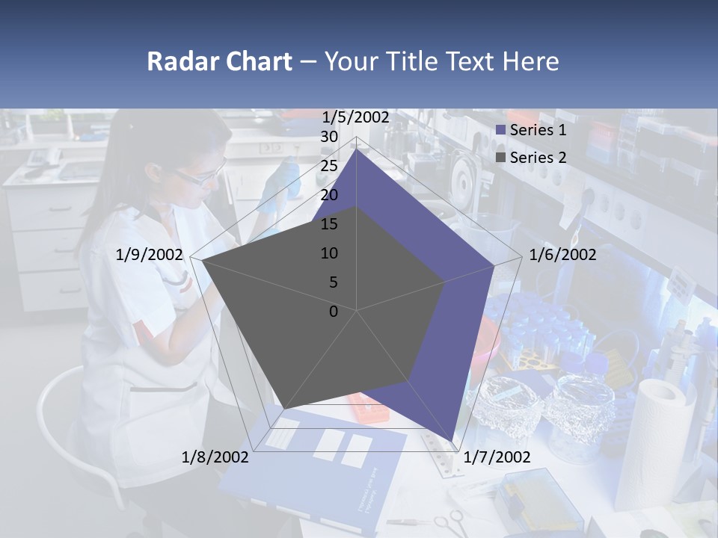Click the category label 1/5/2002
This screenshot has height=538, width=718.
pos(356,117)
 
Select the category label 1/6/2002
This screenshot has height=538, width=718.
pos(562,255)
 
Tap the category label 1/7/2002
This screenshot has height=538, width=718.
pos(497,457)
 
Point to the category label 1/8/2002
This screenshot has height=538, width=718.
pos(215,457)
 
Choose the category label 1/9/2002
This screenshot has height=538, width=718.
pos(150,255)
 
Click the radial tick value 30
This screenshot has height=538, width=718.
pos(329,137)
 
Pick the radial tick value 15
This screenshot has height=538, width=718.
pos(329,224)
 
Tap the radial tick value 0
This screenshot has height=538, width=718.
pos(334,312)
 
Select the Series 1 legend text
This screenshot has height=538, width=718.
pos(538,130)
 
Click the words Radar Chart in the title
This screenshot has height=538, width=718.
pos(219,61)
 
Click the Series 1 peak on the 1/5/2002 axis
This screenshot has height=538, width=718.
pos(356,149)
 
